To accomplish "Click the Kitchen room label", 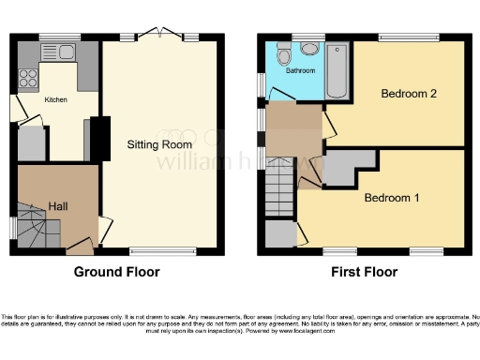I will point(56,98).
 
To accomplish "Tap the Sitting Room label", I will point(159,144).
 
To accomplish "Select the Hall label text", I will point(58,205).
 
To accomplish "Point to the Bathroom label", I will point(300,71).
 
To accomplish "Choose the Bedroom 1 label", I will point(392,199).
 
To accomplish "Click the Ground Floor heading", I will point(117,273).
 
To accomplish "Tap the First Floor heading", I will point(364,273).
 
